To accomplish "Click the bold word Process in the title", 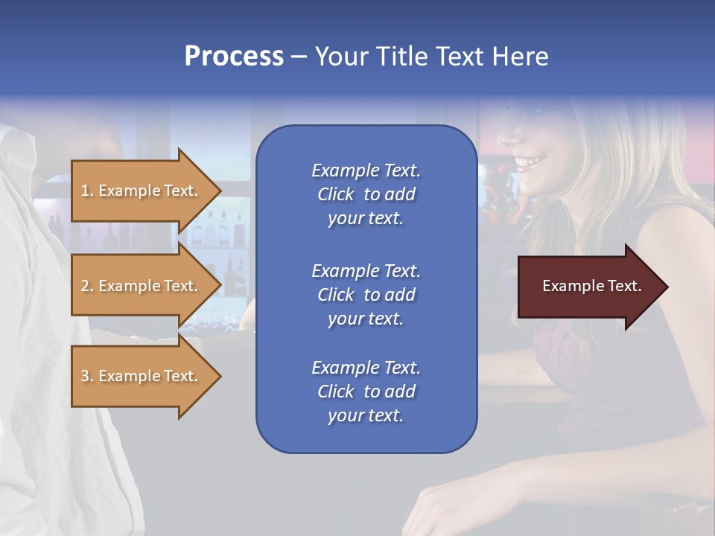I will pos(234,57).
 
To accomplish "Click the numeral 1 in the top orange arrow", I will pos(85,191).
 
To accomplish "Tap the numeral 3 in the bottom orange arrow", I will pos(85,376).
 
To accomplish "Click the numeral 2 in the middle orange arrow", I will pos(85,286).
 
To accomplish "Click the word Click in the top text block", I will pos(336,194).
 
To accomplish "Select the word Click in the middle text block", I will pos(336,295).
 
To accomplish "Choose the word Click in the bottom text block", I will pos(336,392).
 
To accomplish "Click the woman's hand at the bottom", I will pos(439,514).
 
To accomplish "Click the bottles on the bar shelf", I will pos(216,227).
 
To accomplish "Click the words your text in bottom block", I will pos(366,415).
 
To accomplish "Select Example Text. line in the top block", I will pos(366,170).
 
